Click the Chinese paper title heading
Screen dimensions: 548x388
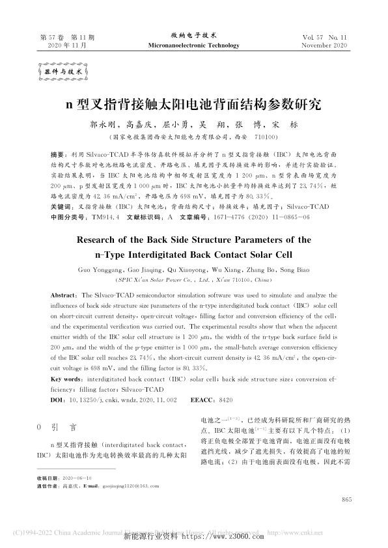(x=194, y=103)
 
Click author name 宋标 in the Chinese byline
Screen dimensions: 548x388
(x=286, y=124)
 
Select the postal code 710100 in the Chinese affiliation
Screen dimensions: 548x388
(x=265, y=137)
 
